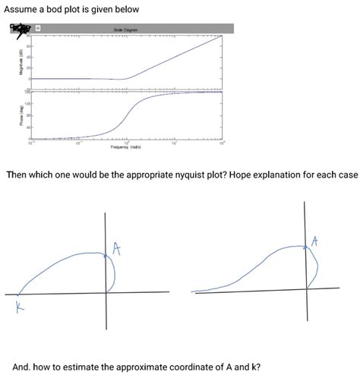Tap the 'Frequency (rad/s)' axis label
click(126, 147)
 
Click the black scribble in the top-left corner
click(14, 29)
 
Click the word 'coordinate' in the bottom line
click(195, 365)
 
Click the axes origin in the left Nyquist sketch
click(105, 293)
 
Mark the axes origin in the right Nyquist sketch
click(307, 290)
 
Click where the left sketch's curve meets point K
click(19, 294)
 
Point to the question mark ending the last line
click(260, 365)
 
